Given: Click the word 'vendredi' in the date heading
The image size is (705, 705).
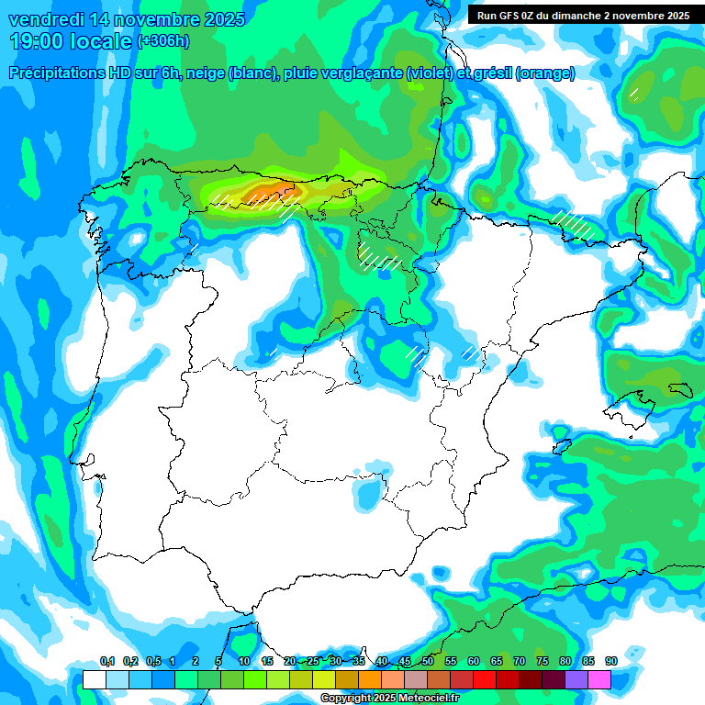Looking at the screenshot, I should tap(45, 19).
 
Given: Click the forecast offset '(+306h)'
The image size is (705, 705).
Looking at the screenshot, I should tap(162, 41).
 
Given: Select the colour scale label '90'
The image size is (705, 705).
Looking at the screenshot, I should tap(610, 661).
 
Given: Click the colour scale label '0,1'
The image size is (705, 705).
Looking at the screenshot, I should tap(106, 661).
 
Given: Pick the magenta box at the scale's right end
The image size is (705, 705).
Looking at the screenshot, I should tap(599, 679).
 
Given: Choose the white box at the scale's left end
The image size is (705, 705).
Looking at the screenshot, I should tap(94, 679).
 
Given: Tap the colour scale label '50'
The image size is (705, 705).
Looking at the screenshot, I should tap(428, 661).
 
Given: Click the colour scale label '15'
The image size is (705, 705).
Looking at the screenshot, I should tap(267, 661).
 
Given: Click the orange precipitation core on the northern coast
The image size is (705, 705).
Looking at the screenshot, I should tap(268, 191).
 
